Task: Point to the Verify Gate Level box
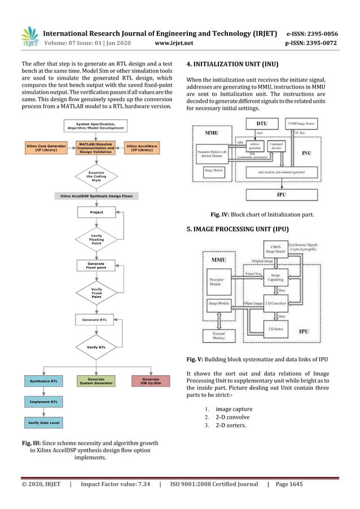pyautogui.click(x=43, y=422)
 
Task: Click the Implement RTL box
pyautogui.click(x=43, y=402)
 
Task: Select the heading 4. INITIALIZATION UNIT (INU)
pyautogui.click(x=232, y=64)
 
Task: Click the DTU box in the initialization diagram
pyautogui.click(x=262, y=122)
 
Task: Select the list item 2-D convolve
pyautogui.click(x=232, y=417)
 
